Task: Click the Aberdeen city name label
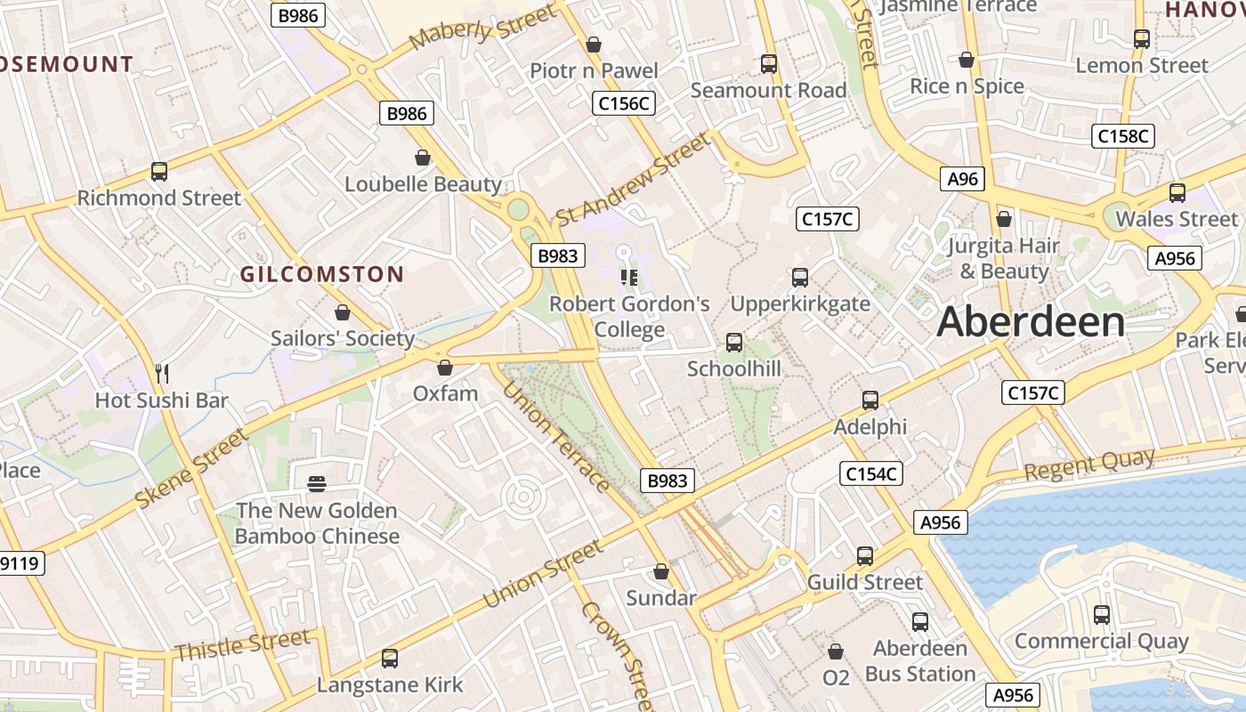click(1031, 321)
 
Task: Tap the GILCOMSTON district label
click(321, 274)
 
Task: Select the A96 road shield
click(962, 179)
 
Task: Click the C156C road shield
click(624, 103)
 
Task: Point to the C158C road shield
click(1122, 136)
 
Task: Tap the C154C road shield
click(871, 474)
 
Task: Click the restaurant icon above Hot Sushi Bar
click(162, 373)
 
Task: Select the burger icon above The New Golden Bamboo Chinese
click(317, 484)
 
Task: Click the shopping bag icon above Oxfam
click(445, 368)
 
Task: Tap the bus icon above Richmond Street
click(159, 172)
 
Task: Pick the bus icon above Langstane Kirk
click(389, 659)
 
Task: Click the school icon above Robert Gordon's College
click(629, 277)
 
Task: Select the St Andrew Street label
click(633, 180)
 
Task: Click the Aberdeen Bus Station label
click(919, 661)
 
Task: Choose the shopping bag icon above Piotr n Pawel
click(594, 44)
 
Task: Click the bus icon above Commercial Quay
click(1101, 614)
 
